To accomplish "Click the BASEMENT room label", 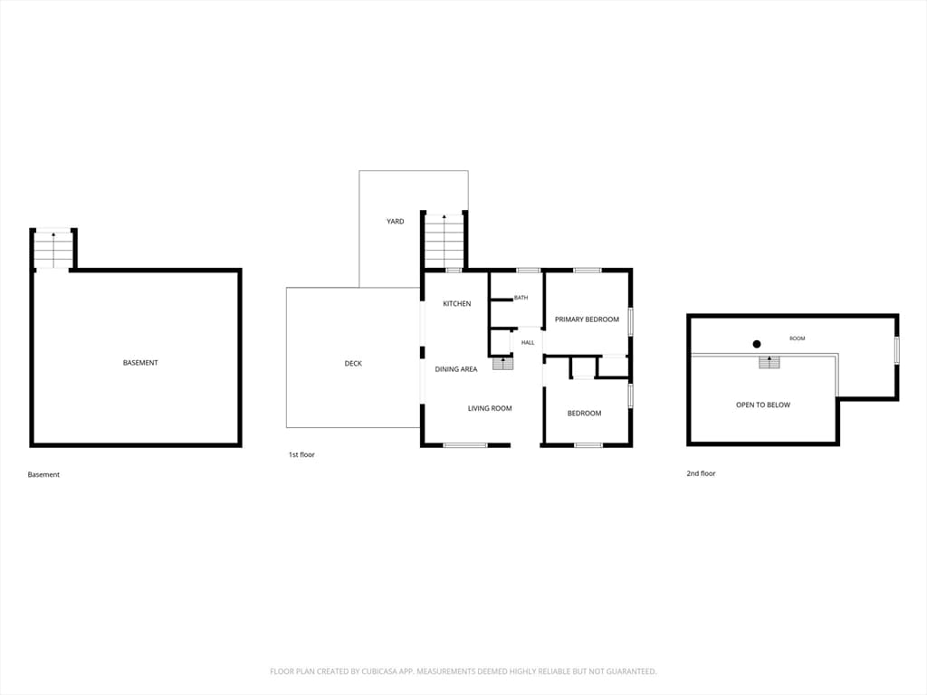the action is pyautogui.click(x=140, y=363).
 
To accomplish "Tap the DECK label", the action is pyautogui.click(x=353, y=364).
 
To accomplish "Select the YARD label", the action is pyautogui.click(x=395, y=222).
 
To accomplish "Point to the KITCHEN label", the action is pyautogui.click(x=457, y=304).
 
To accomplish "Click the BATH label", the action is pyautogui.click(x=521, y=298).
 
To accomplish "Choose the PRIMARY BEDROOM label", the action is pyautogui.click(x=587, y=319).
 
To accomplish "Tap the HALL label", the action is pyautogui.click(x=528, y=343).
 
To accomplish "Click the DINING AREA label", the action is pyautogui.click(x=456, y=369).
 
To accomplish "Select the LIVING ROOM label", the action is pyautogui.click(x=490, y=408).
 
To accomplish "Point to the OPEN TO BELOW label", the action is pyautogui.click(x=762, y=405).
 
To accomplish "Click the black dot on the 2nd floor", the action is pyautogui.click(x=756, y=344).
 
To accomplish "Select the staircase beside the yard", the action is pyautogui.click(x=444, y=242).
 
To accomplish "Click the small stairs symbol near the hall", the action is pyautogui.click(x=502, y=364).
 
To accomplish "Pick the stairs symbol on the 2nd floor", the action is pyautogui.click(x=769, y=362).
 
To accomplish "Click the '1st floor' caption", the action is pyautogui.click(x=301, y=455).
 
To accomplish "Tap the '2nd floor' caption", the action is pyautogui.click(x=701, y=473).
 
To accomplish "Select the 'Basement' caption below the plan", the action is pyautogui.click(x=43, y=474).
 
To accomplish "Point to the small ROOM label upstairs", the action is pyautogui.click(x=797, y=338).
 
